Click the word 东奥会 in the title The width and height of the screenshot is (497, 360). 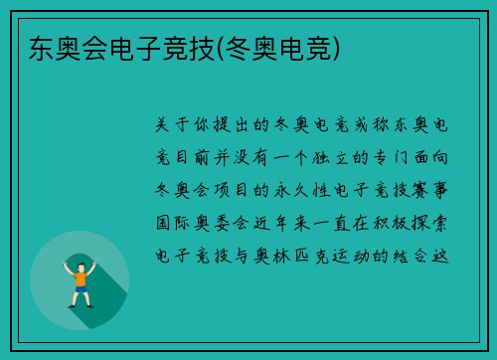click(55, 47)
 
